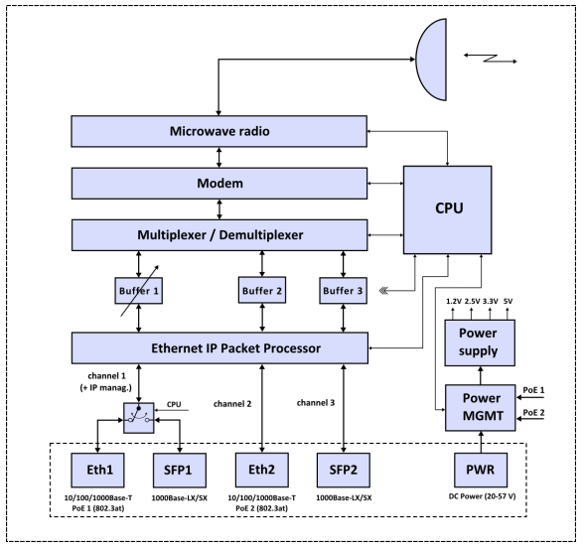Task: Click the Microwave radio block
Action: pos(219,131)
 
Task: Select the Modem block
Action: pos(219,184)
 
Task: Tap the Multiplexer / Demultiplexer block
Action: pos(219,235)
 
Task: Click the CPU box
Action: pos(447,209)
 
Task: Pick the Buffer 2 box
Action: pos(262,290)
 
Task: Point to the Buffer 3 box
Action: pos(343,290)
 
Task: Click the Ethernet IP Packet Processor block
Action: pos(219,348)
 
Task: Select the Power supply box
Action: pos(480,343)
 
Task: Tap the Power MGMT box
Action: pos(481,408)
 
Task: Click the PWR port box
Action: pos(481,470)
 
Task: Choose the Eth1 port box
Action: pos(97,471)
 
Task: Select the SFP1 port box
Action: pos(180,471)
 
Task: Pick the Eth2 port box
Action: pos(262,470)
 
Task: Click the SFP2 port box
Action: pos(344,471)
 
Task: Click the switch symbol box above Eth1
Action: pos(139,418)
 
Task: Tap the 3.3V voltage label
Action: pos(491,301)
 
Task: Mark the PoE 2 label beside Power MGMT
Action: pos(533,412)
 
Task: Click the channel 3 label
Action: pos(316,402)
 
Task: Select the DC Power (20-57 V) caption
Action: pos(483,496)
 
